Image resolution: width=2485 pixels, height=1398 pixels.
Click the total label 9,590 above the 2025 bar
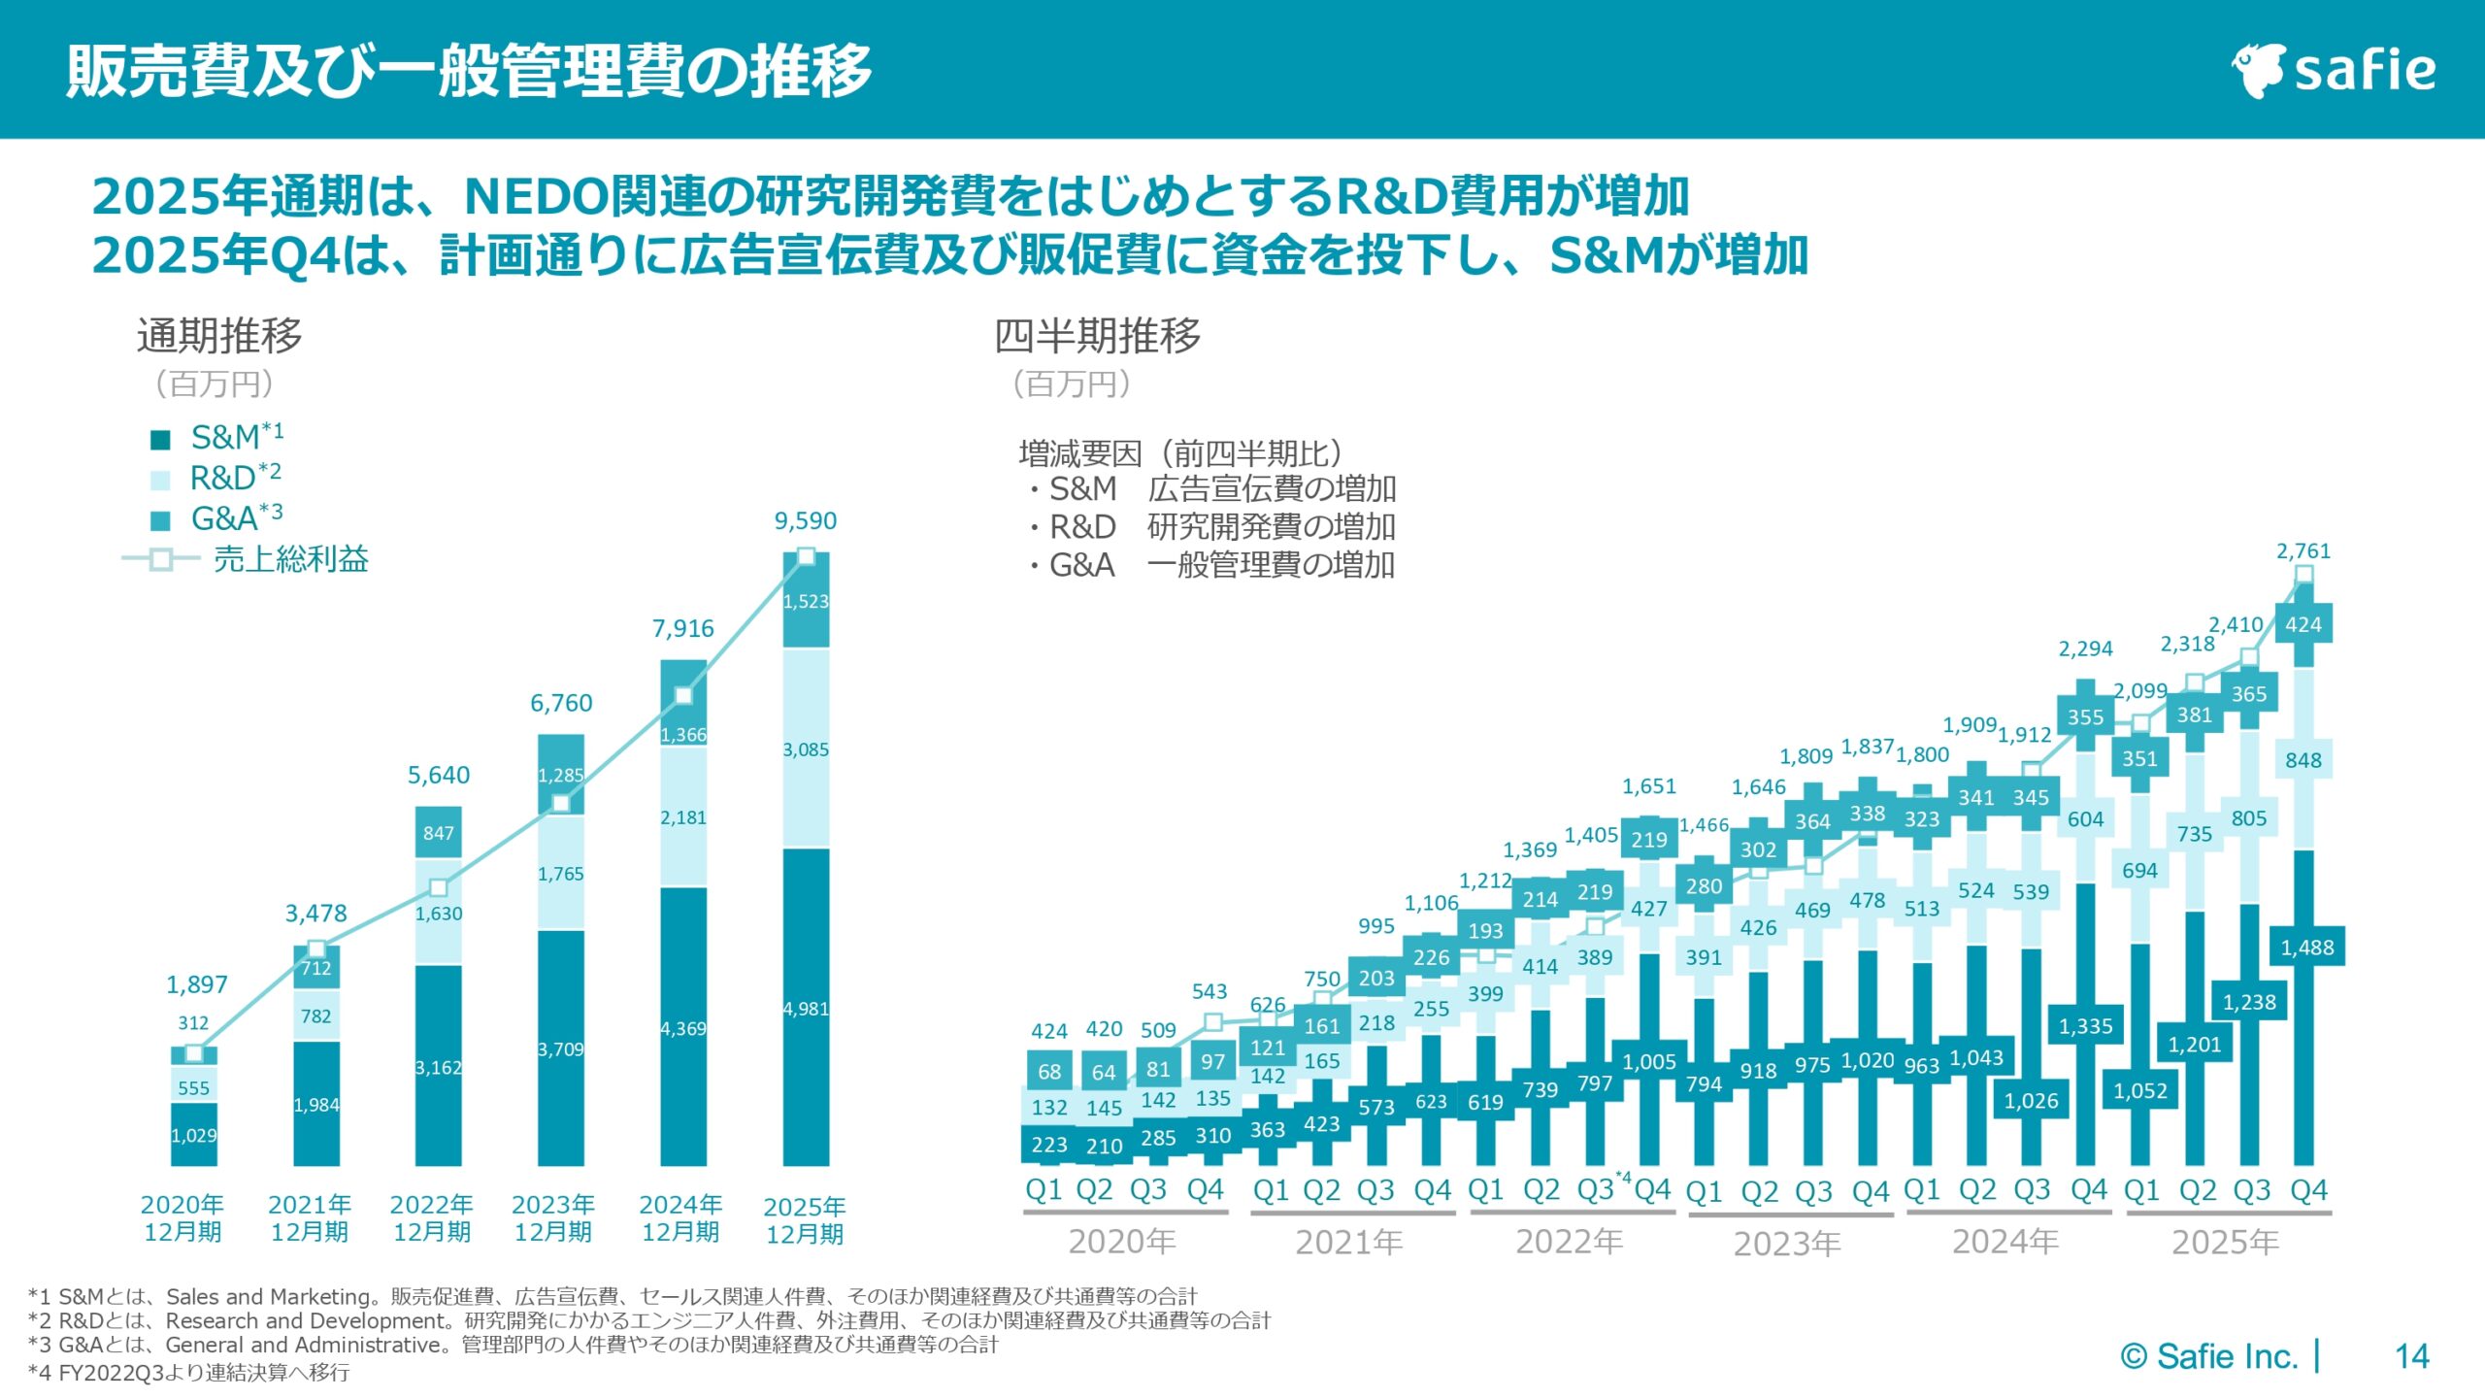pyautogui.click(x=805, y=521)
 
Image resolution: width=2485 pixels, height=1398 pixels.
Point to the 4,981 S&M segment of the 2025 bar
pyautogui.click(x=806, y=1010)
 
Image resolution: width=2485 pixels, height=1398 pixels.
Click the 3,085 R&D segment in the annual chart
pyautogui.click(x=806, y=749)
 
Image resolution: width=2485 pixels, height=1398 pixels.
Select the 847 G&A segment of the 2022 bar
pyautogui.click(x=438, y=833)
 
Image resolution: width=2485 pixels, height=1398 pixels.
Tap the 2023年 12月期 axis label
pyautogui.click(x=552, y=1218)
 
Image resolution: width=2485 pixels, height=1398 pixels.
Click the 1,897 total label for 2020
pyautogui.click(x=196, y=984)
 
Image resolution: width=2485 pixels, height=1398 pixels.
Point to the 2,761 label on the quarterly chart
pyautogui.click(x=2303, y=551)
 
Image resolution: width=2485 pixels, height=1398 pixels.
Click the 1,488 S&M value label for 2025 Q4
pyautogui.click(x=2306, y=948)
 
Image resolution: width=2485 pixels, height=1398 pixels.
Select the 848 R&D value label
pyautogui.click(x=2303, y=760)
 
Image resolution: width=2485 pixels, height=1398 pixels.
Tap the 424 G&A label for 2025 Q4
pyautogui.click(x=2303, y=624)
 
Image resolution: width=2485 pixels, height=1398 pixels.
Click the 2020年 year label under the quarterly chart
pyautogui.click(x=1122, y=1242)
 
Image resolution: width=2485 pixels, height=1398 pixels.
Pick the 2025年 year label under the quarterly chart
pyautogui.click(x=2225, y=1242)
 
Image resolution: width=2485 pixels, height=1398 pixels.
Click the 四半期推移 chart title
pyautogui.click(x=1097, y=336)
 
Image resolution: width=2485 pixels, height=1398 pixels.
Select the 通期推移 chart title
pyautogui.click(x=219, y=336)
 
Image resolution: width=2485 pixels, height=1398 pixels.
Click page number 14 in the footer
pyautogui.click(x=2411, y=1356)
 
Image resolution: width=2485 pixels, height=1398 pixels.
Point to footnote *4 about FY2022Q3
pyautogui.click(x=189, y=1372)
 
